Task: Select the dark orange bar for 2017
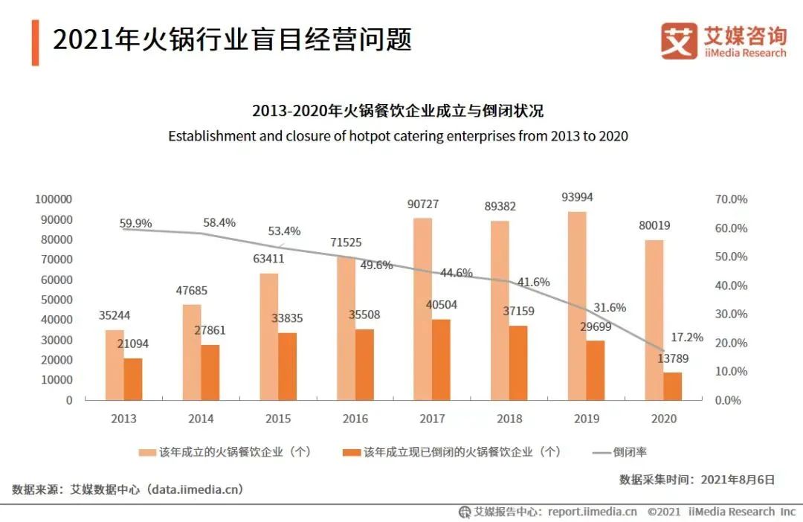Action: coord(441,360)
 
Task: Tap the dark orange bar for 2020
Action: coord(672,386)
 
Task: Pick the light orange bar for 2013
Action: coord(115,364)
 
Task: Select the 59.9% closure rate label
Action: coord(135,222)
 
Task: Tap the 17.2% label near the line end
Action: coord(686,337)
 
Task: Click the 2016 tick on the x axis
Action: coord(355,419)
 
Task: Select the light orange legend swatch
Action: coord(146,452)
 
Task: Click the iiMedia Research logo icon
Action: coord(678,41)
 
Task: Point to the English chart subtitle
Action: coord(398,136)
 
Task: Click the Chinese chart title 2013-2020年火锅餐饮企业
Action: coord(398,111)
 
